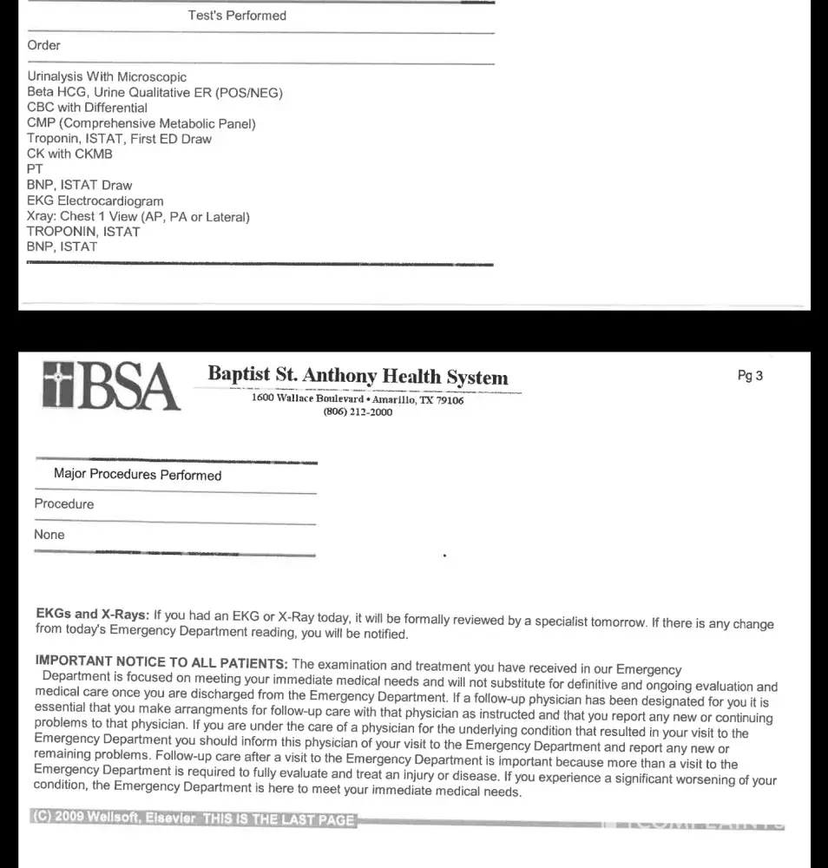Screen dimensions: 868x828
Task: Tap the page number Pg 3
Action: [x=750, y=376]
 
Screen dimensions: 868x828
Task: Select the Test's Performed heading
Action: [x=237, y=16]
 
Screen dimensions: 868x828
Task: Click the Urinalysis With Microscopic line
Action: [x=107, y=76]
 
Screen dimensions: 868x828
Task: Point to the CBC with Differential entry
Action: [x=87, y=108]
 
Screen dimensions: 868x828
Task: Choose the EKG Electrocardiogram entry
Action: [x=95, y=201]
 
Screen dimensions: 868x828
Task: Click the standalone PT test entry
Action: [x=35, y=169]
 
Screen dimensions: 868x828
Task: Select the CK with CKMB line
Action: [x=69, y=154]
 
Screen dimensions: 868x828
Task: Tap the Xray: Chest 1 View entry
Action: [x=138, y=216]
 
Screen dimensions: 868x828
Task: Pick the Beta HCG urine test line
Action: [x=154, y=92]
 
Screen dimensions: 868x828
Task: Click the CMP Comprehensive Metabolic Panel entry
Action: [x=141, y=123]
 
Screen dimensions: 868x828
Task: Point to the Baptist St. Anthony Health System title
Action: [x=358, y=377]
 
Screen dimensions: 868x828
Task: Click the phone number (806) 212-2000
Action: [x=358, y=412]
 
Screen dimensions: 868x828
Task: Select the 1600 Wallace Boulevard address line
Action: [x=358, y=399]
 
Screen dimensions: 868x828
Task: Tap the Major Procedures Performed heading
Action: [x=137, y=475]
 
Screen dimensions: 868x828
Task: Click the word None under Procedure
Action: [x=49, y=535]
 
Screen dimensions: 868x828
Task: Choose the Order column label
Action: [x=43, y=45]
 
